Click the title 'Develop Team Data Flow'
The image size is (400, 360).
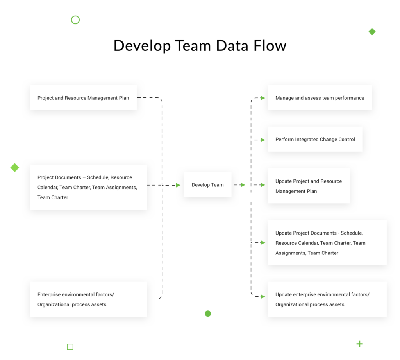[x=200, y=46]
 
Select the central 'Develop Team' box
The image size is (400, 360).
[x=207, y=185]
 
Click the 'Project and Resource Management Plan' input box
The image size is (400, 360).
[x=83, y=98]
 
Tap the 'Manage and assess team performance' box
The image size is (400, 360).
[x=320, y=98]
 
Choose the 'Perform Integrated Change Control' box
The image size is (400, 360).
[x=315, y=139]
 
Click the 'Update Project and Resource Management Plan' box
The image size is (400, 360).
[x=308, y=186]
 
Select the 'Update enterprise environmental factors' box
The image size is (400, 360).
[x=327, y=299]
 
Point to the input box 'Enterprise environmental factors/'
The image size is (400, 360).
[x=88, y=299]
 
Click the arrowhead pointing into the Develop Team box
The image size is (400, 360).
[x=178, y=185]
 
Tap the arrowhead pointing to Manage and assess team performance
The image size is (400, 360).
[x=263, y=98]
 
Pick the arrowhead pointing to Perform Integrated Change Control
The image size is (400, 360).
[x=263, y=140]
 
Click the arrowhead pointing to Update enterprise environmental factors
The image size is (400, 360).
[x=263, y=297]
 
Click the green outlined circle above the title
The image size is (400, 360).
[x=75, y=20]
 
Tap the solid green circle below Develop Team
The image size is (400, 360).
[x=208, y=313]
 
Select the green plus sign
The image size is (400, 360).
[x=359, y=344]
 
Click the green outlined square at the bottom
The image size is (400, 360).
[x=70, y=347]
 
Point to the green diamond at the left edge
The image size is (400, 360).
[x=15, y=168]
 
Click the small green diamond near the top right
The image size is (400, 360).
[x=372, y=32]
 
